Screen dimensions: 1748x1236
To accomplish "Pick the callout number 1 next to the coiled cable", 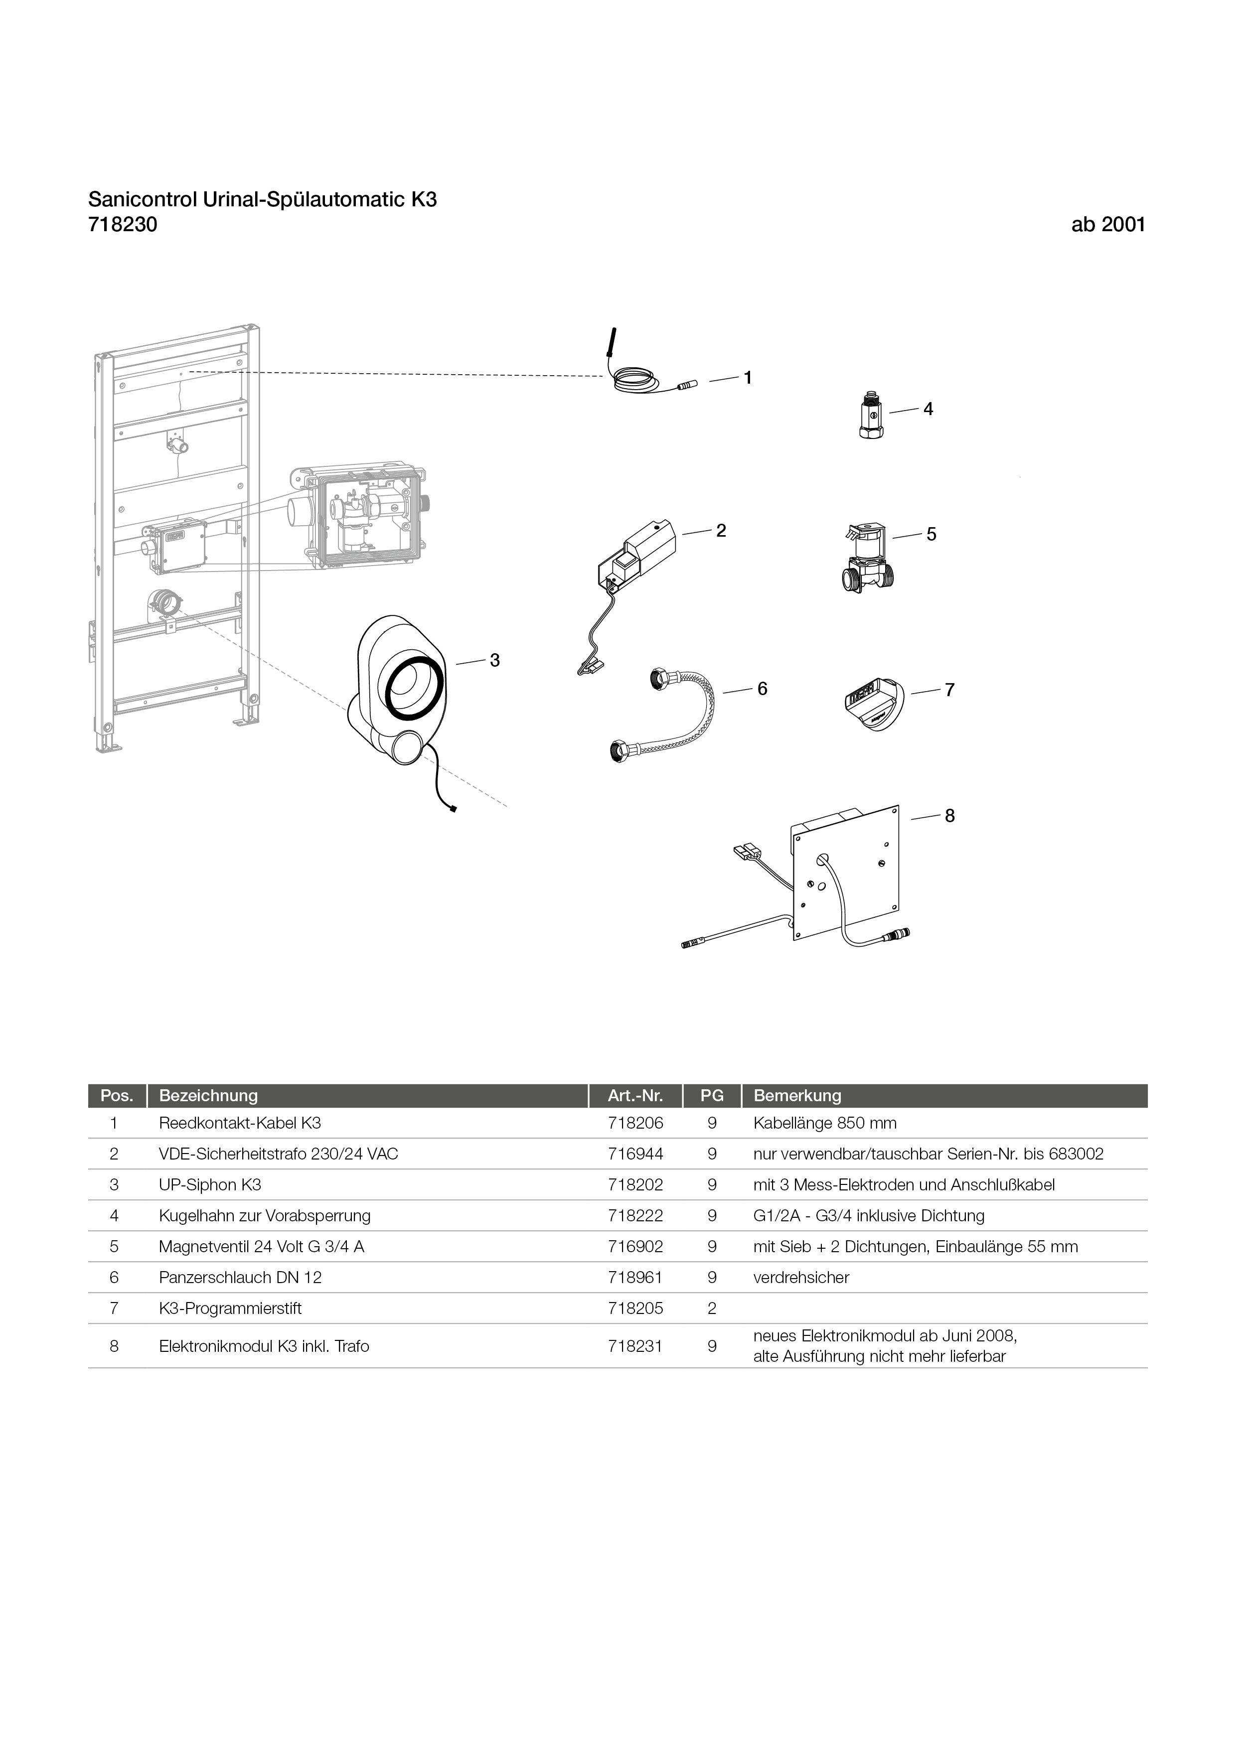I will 748,378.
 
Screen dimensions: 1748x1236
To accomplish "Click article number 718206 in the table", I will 635,1123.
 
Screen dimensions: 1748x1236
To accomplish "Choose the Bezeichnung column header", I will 208,1096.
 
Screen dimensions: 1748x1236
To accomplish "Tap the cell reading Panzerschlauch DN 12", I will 240,1278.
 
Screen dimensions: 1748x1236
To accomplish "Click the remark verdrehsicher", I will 800,1278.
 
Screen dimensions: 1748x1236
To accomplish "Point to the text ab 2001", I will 1107,225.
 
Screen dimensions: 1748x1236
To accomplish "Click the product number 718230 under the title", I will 123,225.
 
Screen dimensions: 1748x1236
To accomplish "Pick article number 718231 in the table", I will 635,1346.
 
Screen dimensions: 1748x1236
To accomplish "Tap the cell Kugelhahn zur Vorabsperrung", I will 264,1216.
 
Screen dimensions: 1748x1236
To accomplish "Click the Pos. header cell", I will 117,1096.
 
